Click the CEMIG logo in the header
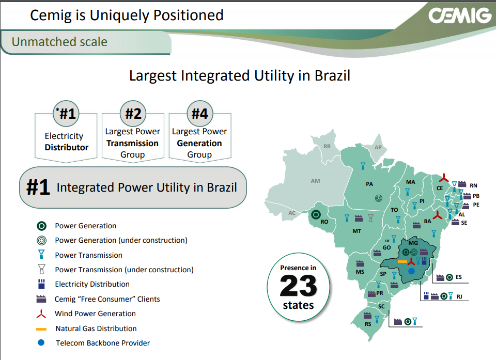459,15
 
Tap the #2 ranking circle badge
133,113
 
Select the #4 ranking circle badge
199,113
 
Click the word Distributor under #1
67,147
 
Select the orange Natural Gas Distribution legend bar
42,329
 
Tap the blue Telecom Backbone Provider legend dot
42,342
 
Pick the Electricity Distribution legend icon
42,284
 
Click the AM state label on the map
315,181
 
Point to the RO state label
325,222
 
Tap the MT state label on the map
357,231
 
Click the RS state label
368,324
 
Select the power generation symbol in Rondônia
316,214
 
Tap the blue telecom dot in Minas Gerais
411,271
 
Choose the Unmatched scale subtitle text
59,42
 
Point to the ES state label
459,277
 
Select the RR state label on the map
327,147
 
